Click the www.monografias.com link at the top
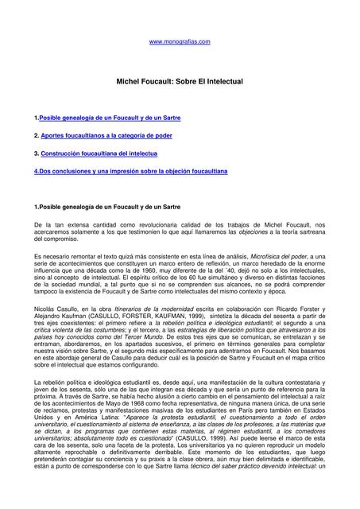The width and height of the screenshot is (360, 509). click(x=180, y=41)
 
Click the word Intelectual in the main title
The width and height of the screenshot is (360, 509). click(x=221, y=82)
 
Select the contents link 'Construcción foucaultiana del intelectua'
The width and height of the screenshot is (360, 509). click(x=99, y=153)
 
